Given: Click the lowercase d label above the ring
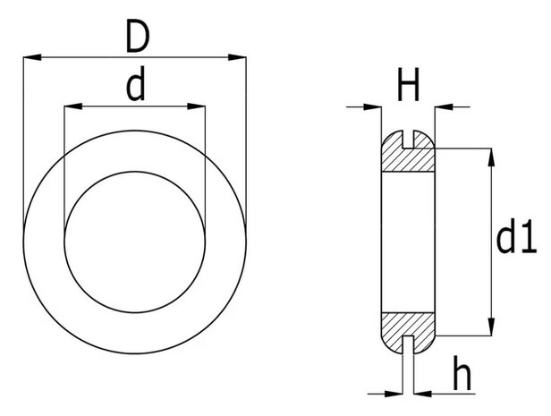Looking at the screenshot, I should (x=136, y=87).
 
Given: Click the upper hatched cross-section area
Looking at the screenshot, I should (x=408, y=159).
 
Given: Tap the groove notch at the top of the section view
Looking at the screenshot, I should (x=409, y=138).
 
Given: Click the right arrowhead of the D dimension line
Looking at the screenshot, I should (x=239, y=58).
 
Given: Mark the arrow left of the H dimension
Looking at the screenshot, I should (x=375, y=108).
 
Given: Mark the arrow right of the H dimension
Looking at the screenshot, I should (x=442, y=108).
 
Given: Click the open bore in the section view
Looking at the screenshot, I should (x=408, y=242).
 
